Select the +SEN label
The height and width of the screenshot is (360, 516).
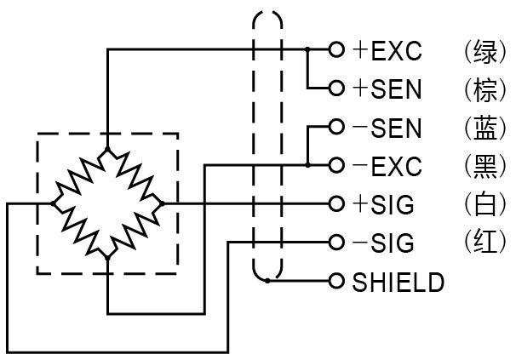pyautogui.click(x=387, y=89)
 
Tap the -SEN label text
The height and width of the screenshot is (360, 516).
pyautogui.click(x=387, y=128)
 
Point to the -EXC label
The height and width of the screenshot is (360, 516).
pyautogui.click(x=387, y=166)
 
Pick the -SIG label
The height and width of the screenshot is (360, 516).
pyautogui.click(x=383, y=243)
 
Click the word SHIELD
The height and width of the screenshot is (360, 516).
pyautogui.click(x=398, y=282)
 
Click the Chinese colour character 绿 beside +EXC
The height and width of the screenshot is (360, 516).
pyautogui.click(x=484, y=51)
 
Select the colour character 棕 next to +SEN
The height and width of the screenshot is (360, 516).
pyautogui.click(x=484, y=89)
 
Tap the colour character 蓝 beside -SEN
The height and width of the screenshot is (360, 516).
pyautogui.click(x=484, y=128)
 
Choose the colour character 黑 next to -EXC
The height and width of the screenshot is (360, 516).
pyautogui.click(x=484, y=166)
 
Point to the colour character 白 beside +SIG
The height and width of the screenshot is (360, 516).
pyautogui.click(x=484, y=205)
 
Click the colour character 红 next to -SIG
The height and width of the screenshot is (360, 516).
pyautogui.click(x=484, y=243)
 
